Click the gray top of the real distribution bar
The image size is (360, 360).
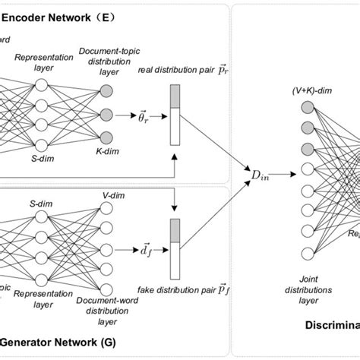175,97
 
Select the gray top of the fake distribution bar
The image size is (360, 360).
175,229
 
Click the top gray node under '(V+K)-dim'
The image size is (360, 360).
287,106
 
